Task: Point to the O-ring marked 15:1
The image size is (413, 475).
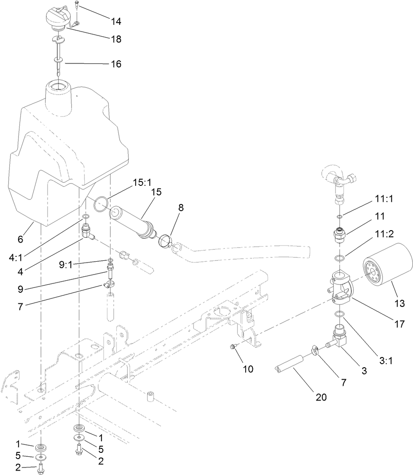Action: (101, 204)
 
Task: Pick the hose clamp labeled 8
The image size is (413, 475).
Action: (165, 240)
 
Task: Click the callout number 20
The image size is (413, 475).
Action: (321, 397)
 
